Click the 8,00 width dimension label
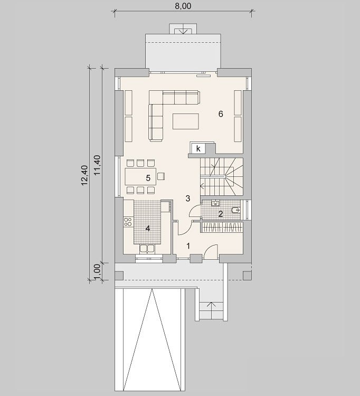click(x=183, y=6)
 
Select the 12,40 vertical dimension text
click(x=84, y=175)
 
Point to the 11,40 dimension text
click(x=97, y=165)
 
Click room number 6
click(x=221, y=114)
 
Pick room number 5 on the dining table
click(x=148, y=178)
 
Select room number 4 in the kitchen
click(x=148, y=229)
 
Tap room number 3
click(x=188, y=199)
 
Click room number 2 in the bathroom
click(x=221, y=214)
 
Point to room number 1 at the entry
click(x=188, y=246)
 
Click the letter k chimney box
click(x=198, y=148)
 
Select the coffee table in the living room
click(x=186, y=121)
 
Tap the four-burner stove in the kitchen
click(x=128, y=221)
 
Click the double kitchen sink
click(x=147, y=249)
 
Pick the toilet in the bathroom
click(x=236, y=210)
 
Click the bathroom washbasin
click(x=215, y=203)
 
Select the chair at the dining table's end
click(x=161, y=176)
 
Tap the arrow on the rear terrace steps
click(x=183, y=31)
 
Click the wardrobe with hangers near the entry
click(x=222, y=227)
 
